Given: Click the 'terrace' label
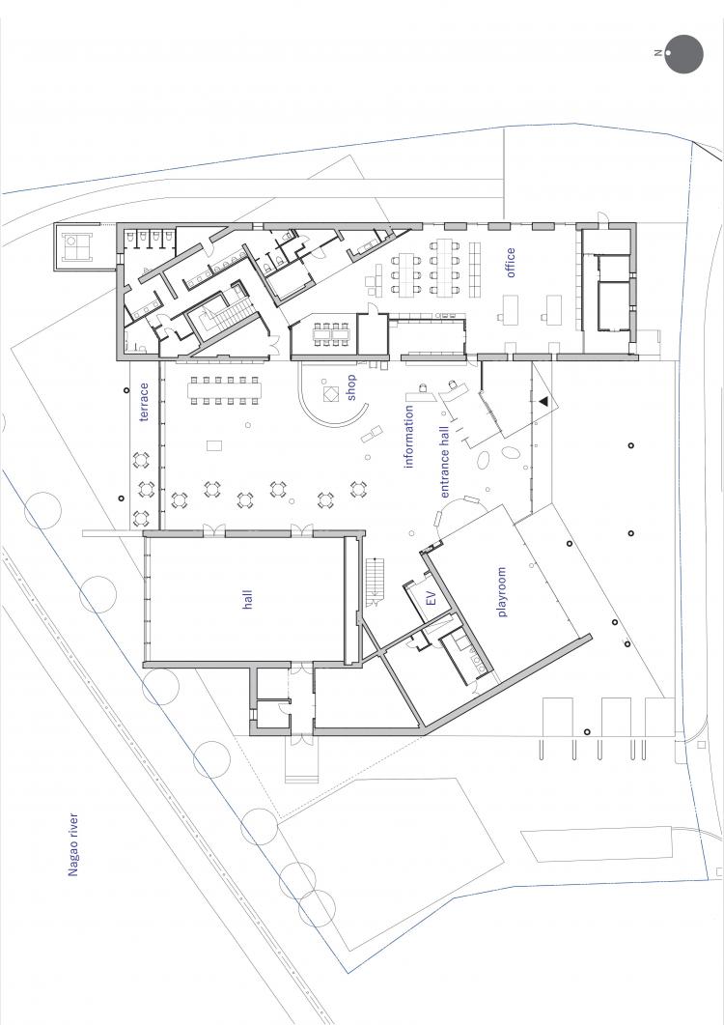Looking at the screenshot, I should coord(145,402).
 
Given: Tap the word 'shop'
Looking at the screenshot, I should coord(351,386).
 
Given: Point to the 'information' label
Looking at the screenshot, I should coord(409,438).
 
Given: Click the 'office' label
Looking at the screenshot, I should coord(511,262).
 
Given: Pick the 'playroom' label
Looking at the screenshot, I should coord(501,592).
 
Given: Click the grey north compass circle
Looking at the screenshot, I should coord(684,54).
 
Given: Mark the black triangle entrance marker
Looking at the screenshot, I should coord(543,400).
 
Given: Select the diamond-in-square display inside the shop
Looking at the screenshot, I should coord(330,395).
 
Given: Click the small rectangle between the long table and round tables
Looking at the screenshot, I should coord(214,444).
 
